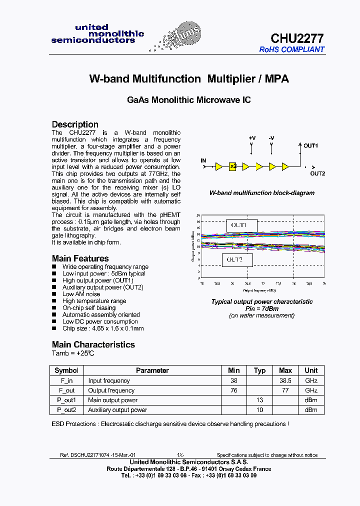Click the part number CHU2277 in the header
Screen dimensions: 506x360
point(297,38)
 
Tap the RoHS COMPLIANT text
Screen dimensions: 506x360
point(291,49)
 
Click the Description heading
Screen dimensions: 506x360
point(75,124)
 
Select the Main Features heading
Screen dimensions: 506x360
point(80,258)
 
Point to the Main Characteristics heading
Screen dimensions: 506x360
point(93,344)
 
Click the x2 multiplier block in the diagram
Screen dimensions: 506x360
point(232,166)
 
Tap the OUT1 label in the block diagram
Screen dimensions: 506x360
point(310,145)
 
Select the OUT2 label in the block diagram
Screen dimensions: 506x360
point(317,173)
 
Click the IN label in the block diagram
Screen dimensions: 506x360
point(203,160)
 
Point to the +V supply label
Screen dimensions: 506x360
point(252,138)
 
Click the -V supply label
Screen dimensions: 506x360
point(271,138)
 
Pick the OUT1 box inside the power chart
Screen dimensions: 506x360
point(242,225)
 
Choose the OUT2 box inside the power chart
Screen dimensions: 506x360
point(237,260)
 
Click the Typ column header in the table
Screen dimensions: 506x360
point(259,370)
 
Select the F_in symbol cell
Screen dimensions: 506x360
point(66,380)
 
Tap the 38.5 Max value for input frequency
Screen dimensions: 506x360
point(285,380)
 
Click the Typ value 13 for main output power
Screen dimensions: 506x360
point(259,400)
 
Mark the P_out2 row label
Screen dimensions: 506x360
point(66,410)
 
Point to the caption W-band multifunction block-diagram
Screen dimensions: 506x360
point(261,193)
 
